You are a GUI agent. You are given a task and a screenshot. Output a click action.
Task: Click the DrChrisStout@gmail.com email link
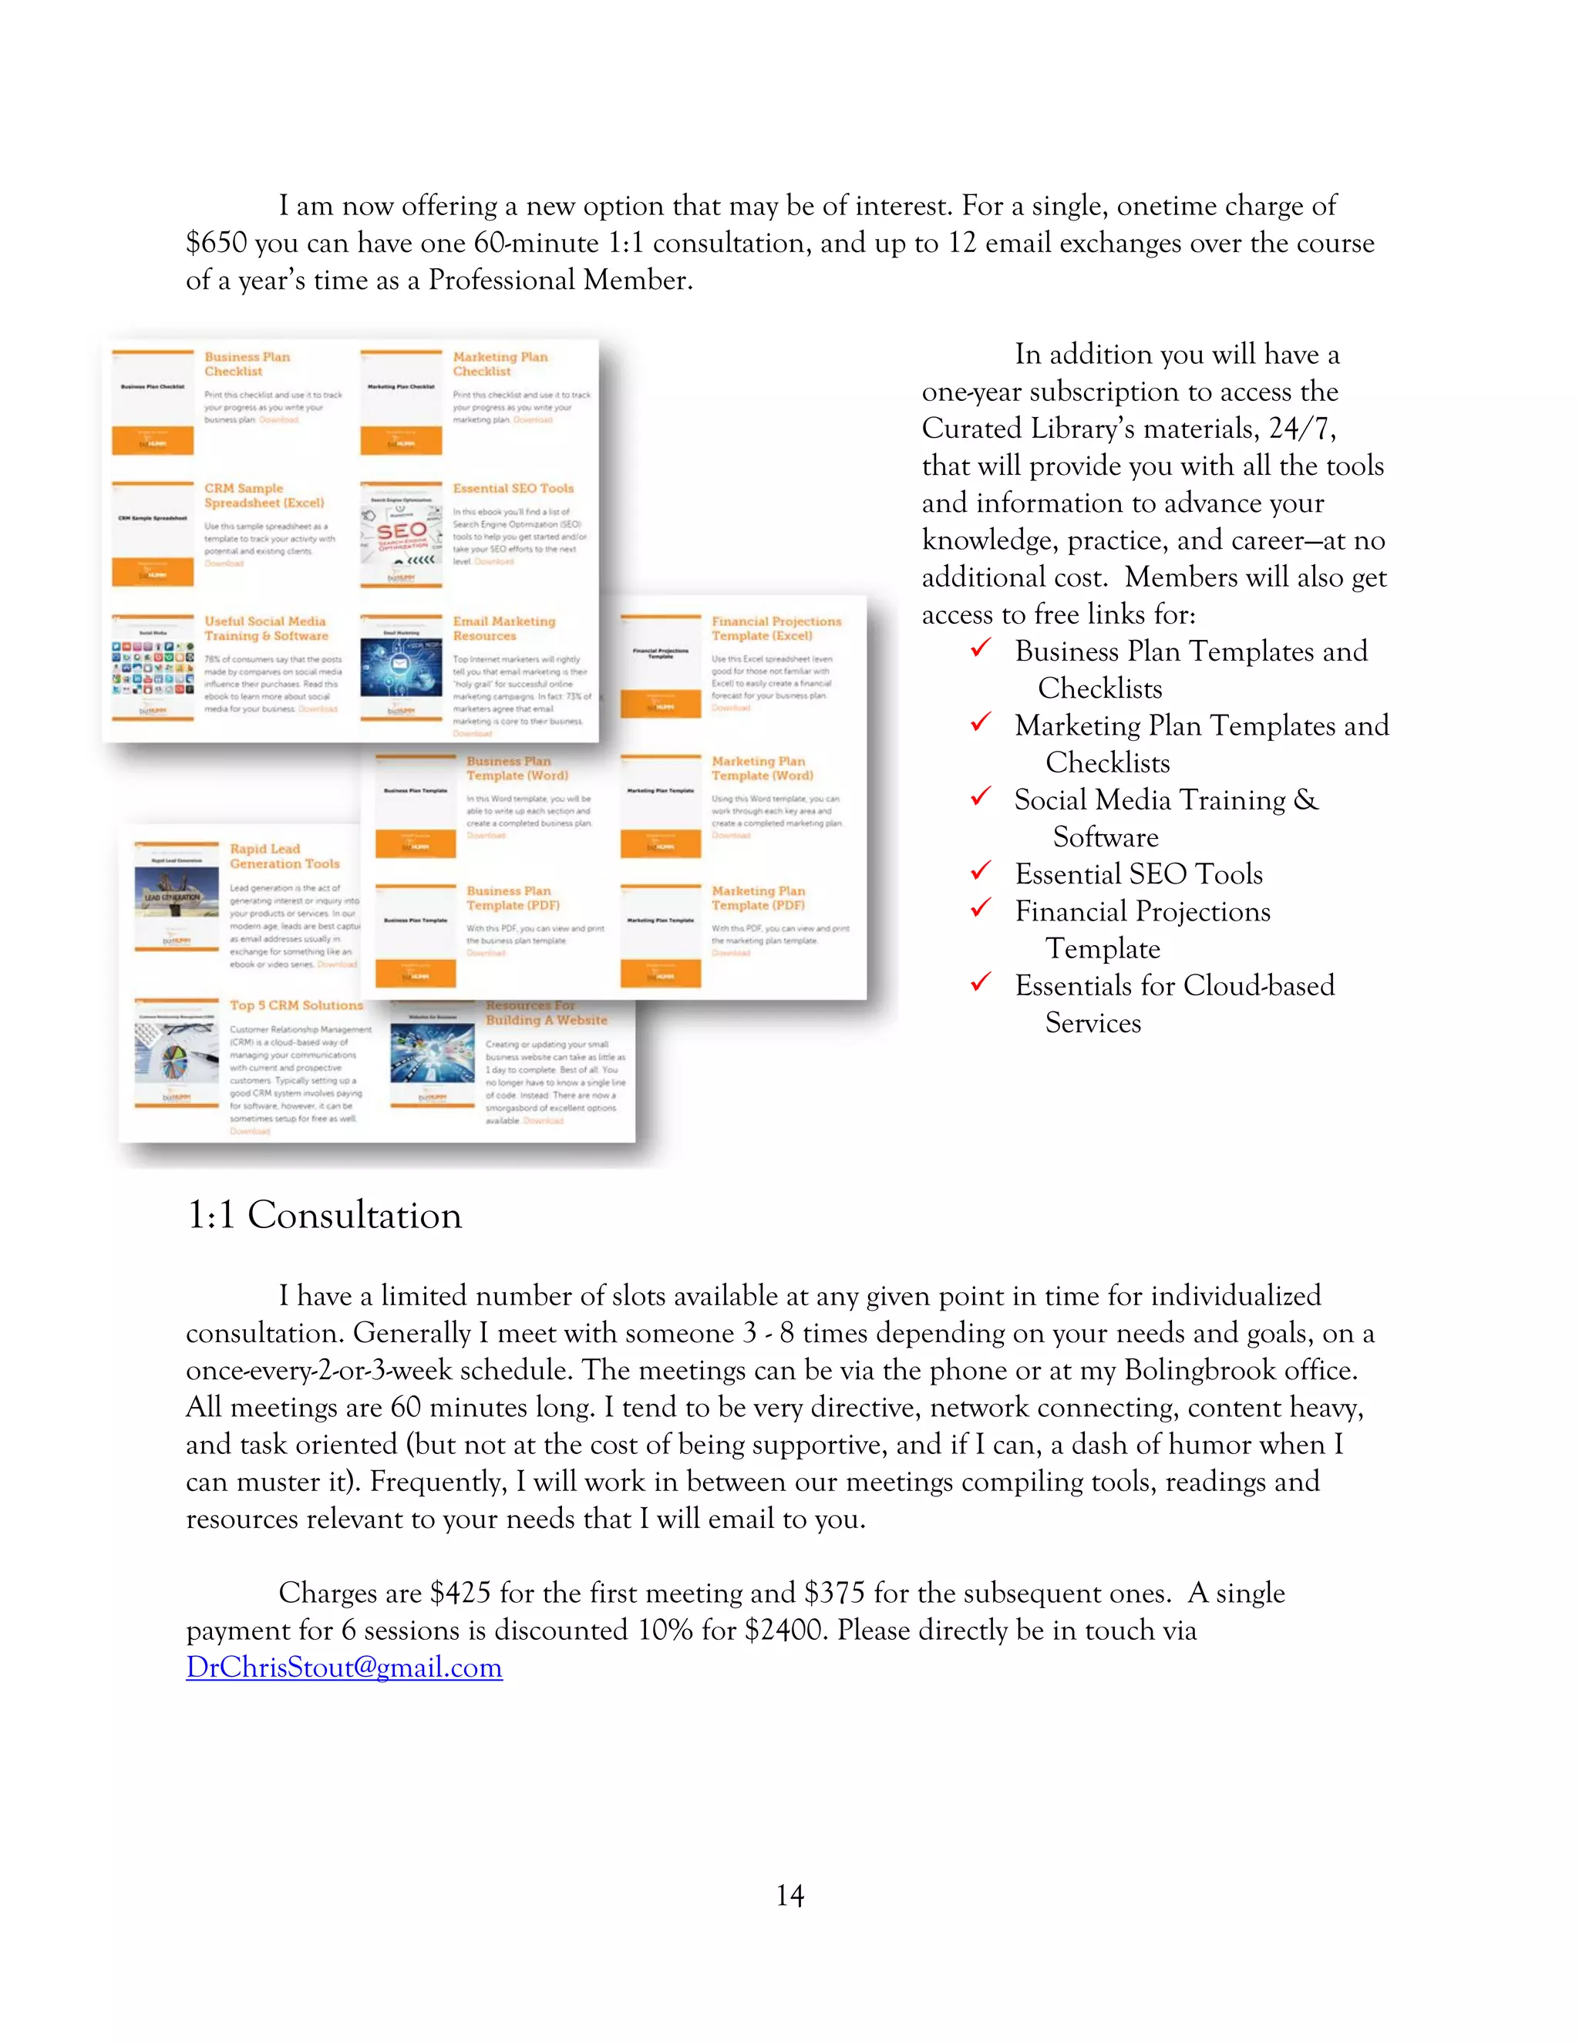click(343, 1667)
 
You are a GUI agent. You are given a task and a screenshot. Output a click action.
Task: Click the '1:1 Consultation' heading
click(324, 1215)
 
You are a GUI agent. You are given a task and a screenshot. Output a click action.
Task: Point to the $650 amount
click(216, 243)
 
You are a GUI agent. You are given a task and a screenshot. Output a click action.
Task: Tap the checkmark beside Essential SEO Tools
click(981, 872)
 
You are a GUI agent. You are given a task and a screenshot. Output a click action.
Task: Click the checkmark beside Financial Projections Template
click(981, 908)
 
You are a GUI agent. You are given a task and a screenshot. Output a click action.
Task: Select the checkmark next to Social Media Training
click(981, 797)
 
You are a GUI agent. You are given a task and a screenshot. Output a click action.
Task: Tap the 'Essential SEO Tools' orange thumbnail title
click(513, 488)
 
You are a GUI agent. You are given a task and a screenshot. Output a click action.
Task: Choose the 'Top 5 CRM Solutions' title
click(295, 1005)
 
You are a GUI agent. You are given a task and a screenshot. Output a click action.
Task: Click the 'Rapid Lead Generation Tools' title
click(284, 856)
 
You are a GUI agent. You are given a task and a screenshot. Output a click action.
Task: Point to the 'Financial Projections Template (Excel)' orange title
click(776, 628)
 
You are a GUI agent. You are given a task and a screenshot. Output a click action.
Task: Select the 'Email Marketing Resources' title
click(503, 628)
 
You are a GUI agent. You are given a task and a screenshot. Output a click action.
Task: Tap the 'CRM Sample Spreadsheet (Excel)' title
click(264, 495)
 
